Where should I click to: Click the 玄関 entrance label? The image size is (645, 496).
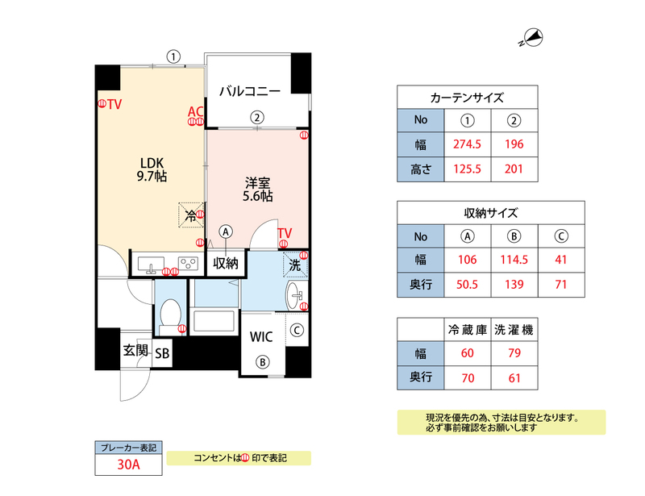(135, 352)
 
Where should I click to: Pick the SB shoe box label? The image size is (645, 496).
(162, 353)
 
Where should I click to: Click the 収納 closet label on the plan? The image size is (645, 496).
(226, 263)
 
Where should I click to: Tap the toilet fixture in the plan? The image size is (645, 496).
(169, 311)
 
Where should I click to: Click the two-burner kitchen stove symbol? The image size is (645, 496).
(189, 264)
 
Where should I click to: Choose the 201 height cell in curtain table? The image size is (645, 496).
(514, 169)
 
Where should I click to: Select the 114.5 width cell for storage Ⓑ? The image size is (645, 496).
(514, 261)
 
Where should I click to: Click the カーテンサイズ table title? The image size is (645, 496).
(467, 98)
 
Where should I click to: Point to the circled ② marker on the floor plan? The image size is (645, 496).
(256, 117)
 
